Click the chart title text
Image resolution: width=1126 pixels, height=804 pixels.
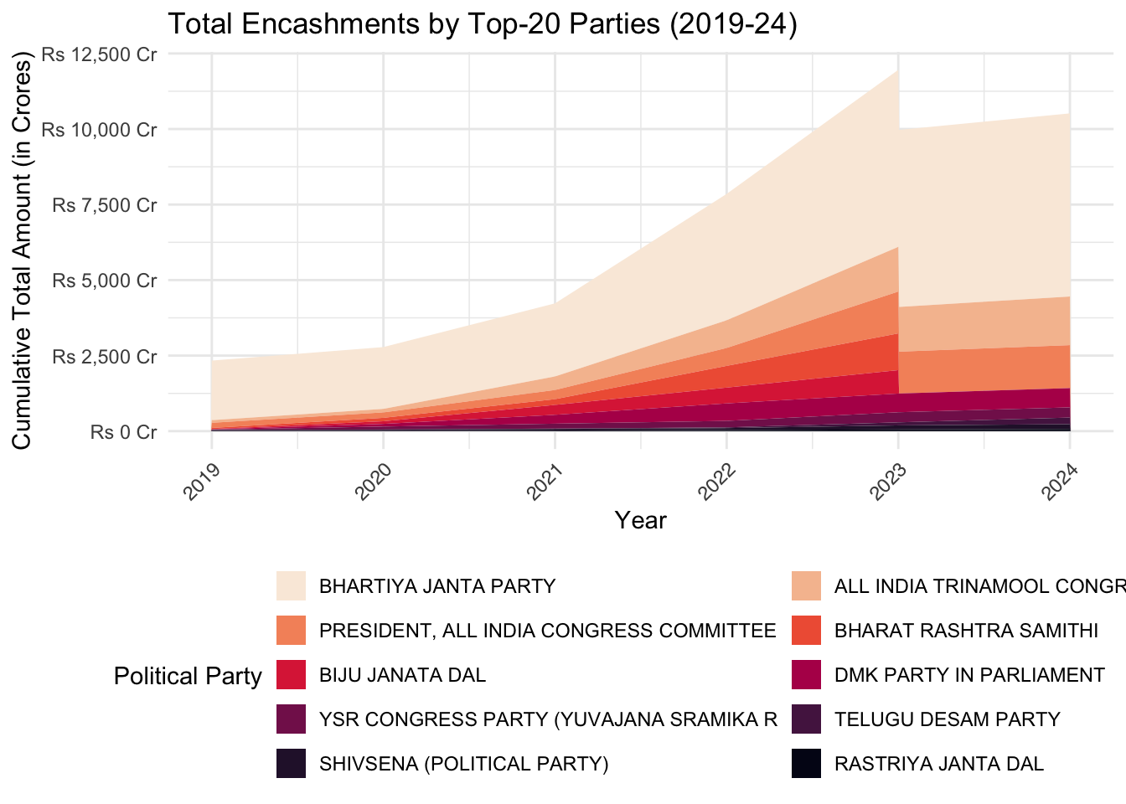(482, 24)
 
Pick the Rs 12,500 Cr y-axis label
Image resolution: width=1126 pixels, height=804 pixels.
(99, 54)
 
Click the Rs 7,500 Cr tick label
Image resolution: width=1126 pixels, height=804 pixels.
(104, 205)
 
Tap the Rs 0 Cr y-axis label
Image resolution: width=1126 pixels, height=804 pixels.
(123, 432)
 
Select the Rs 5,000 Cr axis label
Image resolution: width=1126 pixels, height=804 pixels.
(104, 281)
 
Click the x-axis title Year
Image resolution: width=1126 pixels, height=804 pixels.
(640, 520)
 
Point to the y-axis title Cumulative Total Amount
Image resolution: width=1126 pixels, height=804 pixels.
(22, 255)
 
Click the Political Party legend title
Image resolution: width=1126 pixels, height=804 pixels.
(188, 676)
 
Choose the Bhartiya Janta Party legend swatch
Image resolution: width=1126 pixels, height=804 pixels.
(291, 586)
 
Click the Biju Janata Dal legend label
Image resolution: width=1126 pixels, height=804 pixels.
(402, 675)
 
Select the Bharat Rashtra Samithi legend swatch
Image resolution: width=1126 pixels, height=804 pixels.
(806, 631)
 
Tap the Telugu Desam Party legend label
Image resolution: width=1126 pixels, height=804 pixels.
(947, 719)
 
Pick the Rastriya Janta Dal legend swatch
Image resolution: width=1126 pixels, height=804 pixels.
(806, 764)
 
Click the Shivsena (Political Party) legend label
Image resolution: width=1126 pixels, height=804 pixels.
(463, 764)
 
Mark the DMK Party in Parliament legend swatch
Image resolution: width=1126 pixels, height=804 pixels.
(806, 675)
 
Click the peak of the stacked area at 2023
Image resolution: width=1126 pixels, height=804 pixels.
(898, 70)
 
